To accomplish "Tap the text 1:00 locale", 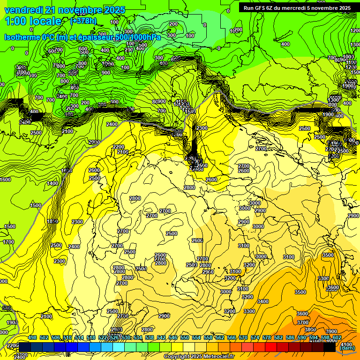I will (x=33, y=21).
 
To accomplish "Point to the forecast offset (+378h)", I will (x=83, y=21).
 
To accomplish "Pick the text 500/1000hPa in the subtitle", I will (x=136, y=37).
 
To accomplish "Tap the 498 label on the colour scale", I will (x=32, y=337).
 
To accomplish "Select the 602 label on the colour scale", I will (x=337, y=337).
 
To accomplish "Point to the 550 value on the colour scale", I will (x=185, y=337).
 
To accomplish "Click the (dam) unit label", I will (x=347, y=347).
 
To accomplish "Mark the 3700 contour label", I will (x=303, y=322).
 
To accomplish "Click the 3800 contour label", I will (x=310, y=330).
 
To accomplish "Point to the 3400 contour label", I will (x=262, y=301).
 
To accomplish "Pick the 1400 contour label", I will (x=52, y=183).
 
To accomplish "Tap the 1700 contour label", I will (x=8, y=242).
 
